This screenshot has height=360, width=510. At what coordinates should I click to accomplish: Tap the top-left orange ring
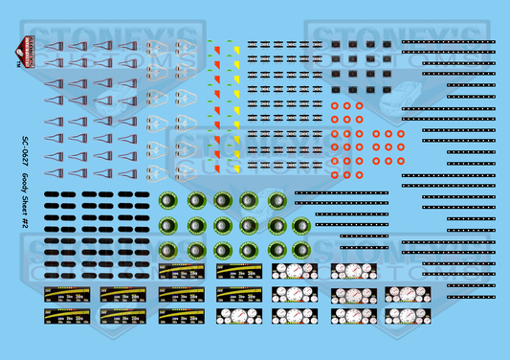pyautogui.click(x=335, y=106)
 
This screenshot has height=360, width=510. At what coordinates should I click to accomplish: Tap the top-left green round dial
pyautogui.click(x=168, y=201)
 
